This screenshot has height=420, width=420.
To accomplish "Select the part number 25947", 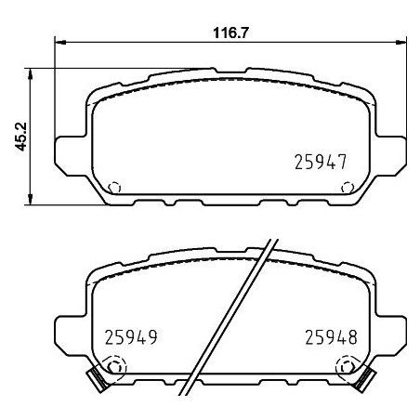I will coord(320,161).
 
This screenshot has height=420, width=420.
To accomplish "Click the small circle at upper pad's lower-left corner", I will coord(115,186).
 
